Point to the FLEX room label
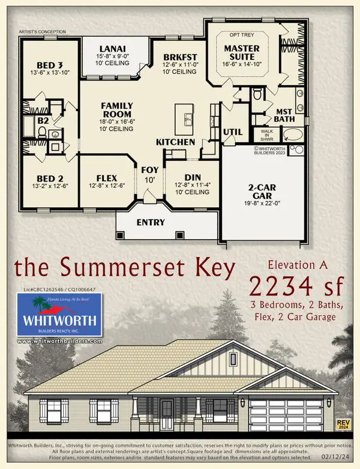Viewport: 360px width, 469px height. (106, 178)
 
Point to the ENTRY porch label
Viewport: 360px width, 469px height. (151, 222)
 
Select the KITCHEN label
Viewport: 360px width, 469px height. (175, 142)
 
